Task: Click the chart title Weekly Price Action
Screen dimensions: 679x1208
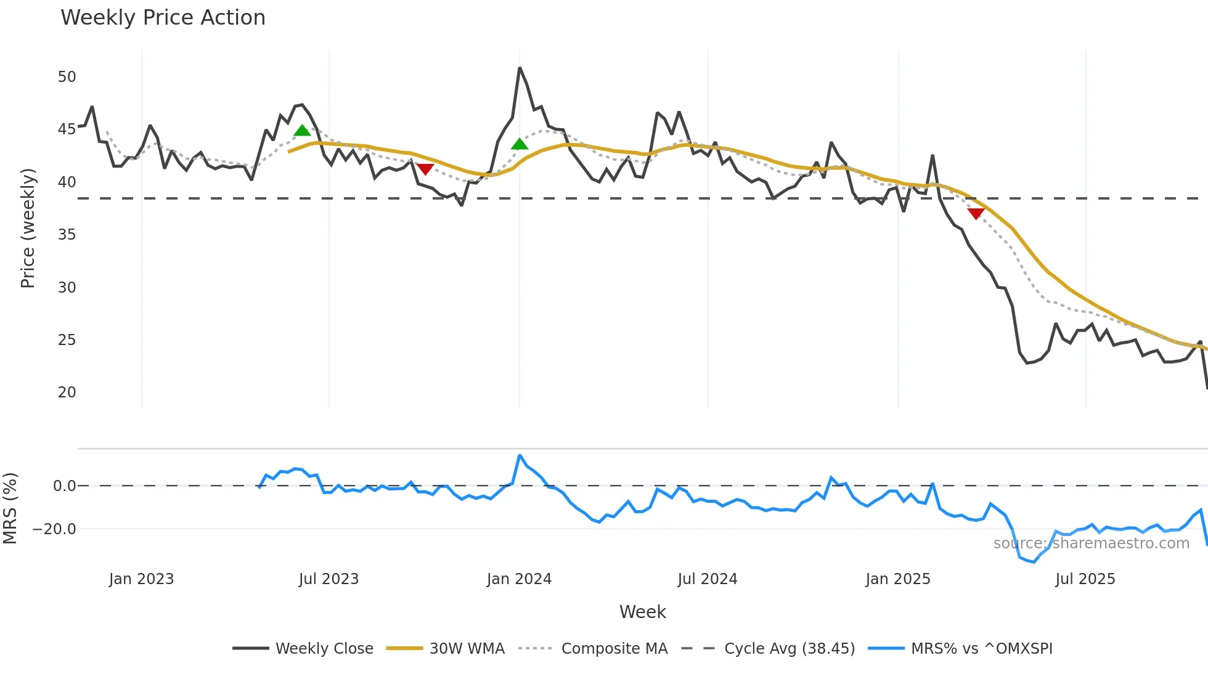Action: pos(163,18)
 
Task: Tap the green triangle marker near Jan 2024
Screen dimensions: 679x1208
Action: pos(520,144)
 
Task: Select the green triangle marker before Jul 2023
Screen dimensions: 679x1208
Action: pos(302,131)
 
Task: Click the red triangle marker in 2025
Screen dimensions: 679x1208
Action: pos(976,213)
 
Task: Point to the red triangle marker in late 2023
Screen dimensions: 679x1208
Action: pos(425,169)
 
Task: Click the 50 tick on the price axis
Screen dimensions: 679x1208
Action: pos(67,77)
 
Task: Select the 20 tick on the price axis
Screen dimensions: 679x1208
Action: pos(67,392)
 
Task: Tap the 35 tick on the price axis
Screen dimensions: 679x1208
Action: pos(67,235)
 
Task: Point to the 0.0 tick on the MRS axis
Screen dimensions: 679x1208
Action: pos(64,486)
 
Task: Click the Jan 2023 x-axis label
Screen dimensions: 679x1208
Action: pos(141,579)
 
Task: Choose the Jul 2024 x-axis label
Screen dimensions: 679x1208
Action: pos(707,579)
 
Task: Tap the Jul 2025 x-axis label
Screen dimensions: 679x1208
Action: pos(1085,579)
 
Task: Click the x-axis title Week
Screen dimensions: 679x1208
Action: pos(642,612)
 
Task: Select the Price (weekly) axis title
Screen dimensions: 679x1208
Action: pos(28,228)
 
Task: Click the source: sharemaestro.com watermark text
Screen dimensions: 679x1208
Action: pos(1091,543)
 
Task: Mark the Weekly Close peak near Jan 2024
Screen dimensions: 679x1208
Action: pos(520,68)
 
